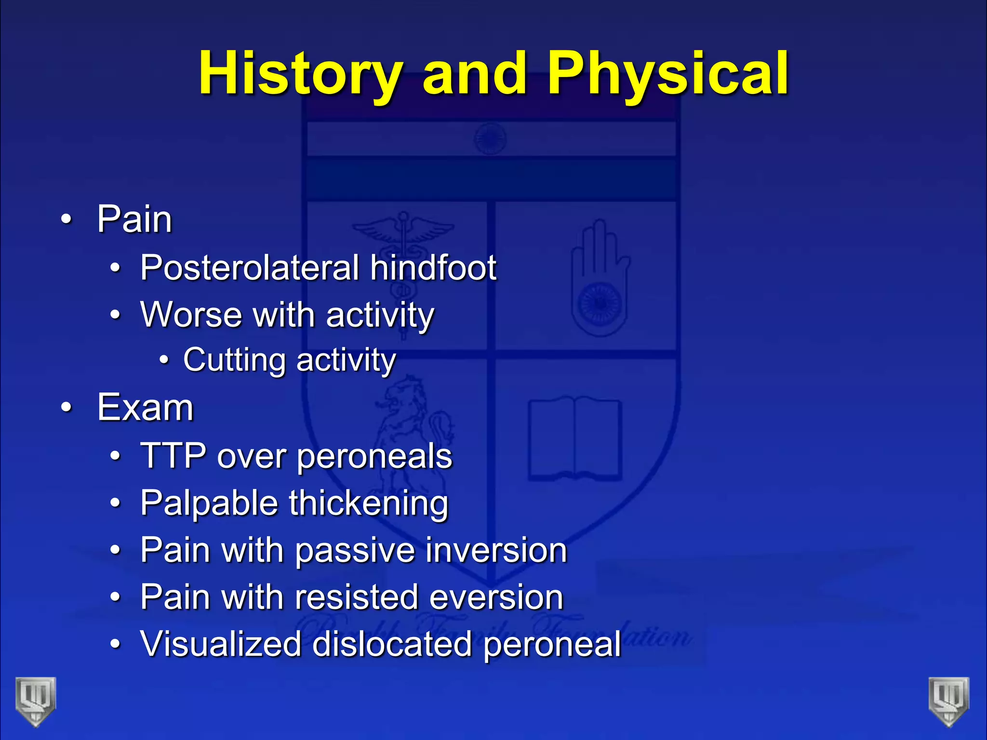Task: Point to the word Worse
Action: (191, 315)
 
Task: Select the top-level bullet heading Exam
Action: (145, 408)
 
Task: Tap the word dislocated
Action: (392, 644)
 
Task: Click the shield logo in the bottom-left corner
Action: (36, 701)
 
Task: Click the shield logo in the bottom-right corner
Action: (949, 701)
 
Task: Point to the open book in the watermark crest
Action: (574, 438)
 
